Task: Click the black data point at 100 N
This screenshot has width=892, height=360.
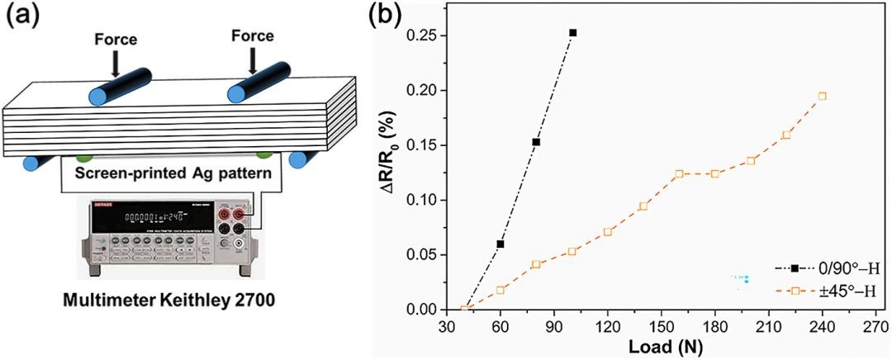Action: pyautogui.click(x=572, y=33)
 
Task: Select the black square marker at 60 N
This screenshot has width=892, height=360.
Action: pyautogui.click(x=501, y=244)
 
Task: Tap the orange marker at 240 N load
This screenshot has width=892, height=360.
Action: pyautogui.click(x=822, y=96)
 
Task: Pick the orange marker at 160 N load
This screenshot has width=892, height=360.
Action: pyautogui.click(x=679, y=174)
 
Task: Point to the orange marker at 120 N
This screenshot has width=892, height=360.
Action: pyautogui.click(x=608, y=232)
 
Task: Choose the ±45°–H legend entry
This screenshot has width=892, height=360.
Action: pyautogui.click(x=827, y=291)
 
